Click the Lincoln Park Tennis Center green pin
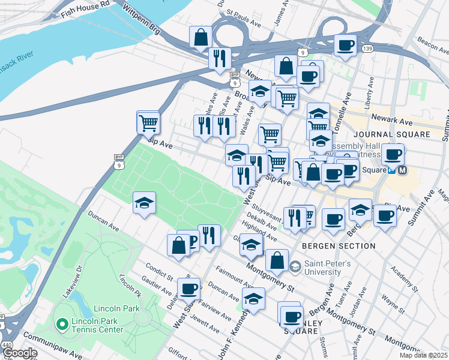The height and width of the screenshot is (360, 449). pos(61,325)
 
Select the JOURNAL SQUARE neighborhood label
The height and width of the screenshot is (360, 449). pos(391,134)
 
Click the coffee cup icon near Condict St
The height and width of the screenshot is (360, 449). pos(189,289)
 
